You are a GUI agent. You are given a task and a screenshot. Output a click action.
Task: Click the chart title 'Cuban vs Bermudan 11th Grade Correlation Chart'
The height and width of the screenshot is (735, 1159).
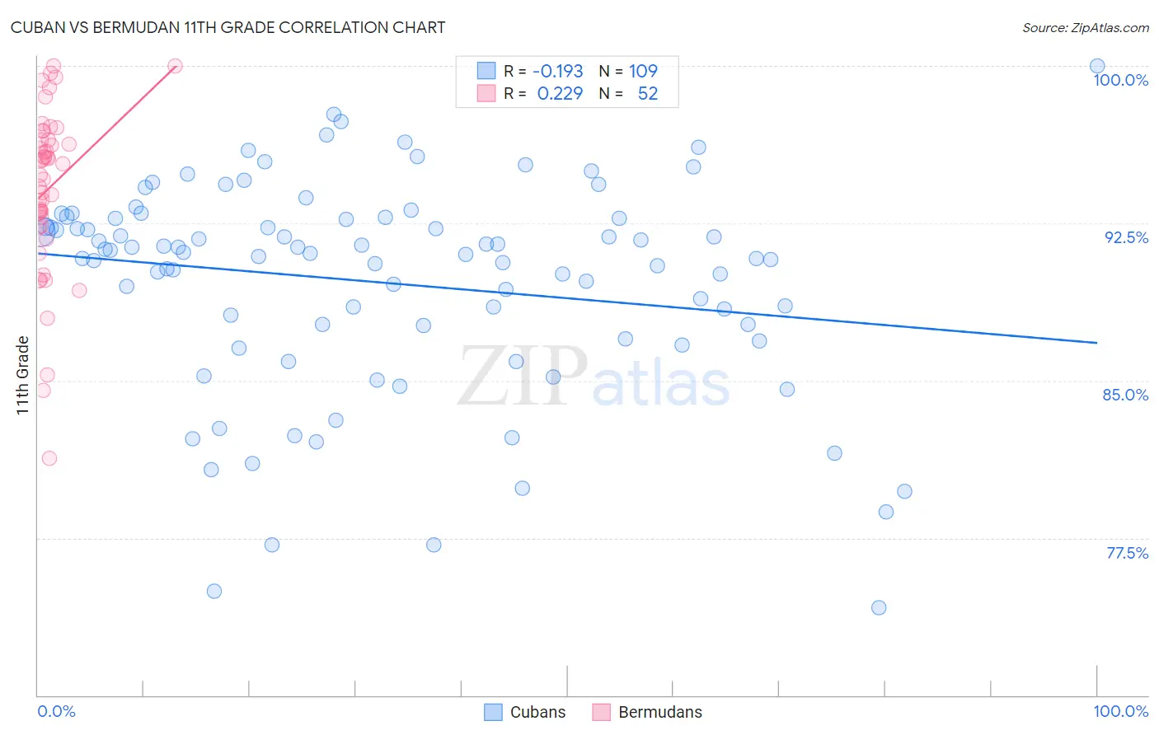pos(228,27)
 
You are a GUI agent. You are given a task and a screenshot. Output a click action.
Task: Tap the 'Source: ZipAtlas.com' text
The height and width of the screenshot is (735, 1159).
pos(1085,27)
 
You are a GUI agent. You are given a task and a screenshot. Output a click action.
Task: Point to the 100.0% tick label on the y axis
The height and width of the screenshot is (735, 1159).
pos(1120,80)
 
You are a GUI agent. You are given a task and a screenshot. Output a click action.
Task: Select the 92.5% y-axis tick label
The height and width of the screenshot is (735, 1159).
pos(1126,237)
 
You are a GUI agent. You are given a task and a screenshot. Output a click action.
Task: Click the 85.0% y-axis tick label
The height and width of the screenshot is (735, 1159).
pos(1125,395)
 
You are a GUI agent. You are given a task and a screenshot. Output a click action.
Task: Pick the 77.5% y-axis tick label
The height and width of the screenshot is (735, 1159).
pos(1127,553)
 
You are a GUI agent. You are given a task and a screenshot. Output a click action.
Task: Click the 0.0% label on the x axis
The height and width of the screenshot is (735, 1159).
pos(56,711)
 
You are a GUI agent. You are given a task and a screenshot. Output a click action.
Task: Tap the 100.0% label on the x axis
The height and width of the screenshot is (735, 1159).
pos(1120,711)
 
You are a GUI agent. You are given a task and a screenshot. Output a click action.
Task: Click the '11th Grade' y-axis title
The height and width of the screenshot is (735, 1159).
pos(22,375)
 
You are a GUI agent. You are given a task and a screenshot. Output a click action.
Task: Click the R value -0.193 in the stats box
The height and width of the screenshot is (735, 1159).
pos(558,72)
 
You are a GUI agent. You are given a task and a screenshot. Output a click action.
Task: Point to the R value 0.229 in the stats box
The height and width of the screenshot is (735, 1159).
pos(560,94)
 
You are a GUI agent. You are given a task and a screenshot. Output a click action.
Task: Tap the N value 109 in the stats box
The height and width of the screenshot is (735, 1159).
pos(643,72)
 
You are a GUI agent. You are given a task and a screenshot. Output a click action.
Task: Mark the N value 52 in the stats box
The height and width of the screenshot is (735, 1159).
pos(648,94)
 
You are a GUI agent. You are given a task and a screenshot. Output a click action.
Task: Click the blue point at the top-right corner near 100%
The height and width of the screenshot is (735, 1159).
pos(1097,66)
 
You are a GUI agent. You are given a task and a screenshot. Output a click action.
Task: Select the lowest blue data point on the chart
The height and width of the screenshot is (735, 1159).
pos(879,608)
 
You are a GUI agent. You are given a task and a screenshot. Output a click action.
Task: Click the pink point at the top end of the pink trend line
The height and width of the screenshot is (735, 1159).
pos(175,66)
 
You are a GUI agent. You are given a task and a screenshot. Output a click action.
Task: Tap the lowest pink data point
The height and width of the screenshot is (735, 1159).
pos(49,458)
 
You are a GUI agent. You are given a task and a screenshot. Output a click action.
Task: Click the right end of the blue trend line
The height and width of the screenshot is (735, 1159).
pos(1097,342)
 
